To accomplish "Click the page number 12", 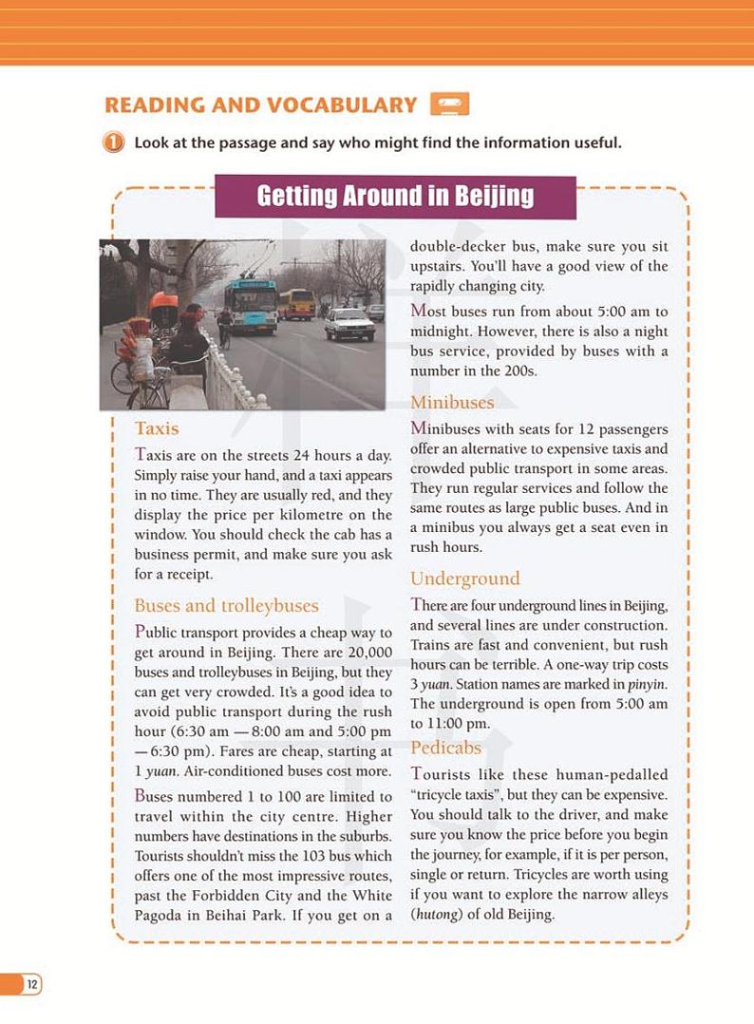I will (x=32, y=984).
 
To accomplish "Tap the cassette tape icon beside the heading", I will (x=449, y=104).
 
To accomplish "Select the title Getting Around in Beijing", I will (x=395, y=197).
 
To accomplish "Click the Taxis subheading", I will (x=157, y=428).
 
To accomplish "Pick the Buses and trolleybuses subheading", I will (x=226, y=605).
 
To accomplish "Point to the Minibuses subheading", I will (x=452, y=403).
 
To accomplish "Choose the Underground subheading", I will (x=464, y=578).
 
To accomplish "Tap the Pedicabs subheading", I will (x=445, y=748).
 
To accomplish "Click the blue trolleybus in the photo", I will (x=251, y=305).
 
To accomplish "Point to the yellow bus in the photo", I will (x=299, y=303).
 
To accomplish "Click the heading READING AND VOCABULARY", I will (x=260, y=104).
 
